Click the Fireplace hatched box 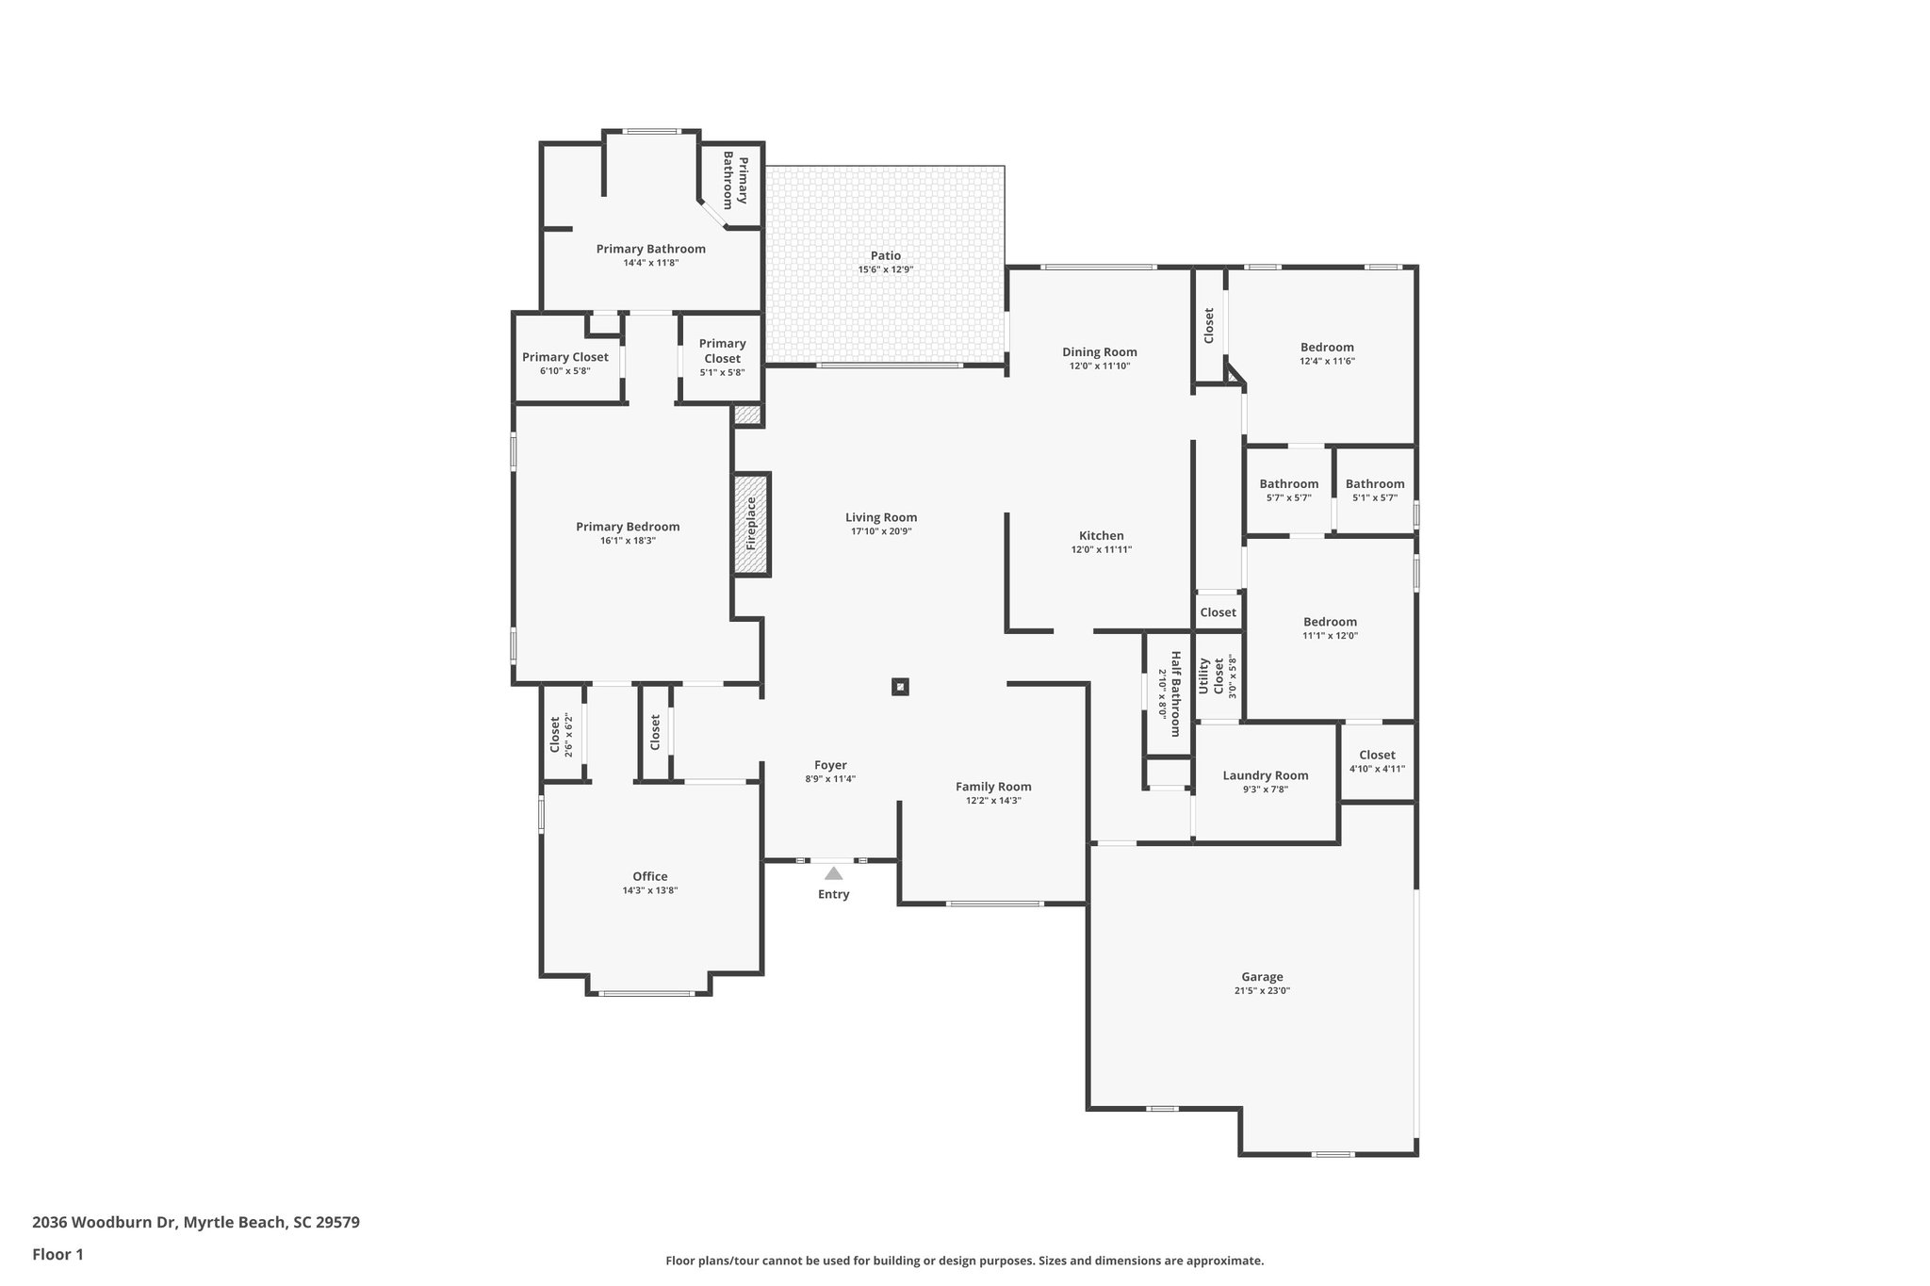click(x=752, y=524)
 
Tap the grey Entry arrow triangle click(x=833, y=873)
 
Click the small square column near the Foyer click(x=900, y=687)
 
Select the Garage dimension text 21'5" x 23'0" click(x=1262, y=991)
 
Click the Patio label click(x=885, y=255)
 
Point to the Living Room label click(x=880, y=517)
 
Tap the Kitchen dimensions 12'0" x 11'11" click(x=1101, y=549)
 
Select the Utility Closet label click(x=1210, y=676)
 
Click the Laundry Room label click(x=1265, y=775)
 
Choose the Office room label click(x=649, y=876)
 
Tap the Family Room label click(x=993, y=787)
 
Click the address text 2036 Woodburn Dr click(x=104, y=1223)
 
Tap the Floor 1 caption click(x=57, y=1254)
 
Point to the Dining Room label click(x=1099, y=352)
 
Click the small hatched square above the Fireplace click(x=747, y=415)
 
